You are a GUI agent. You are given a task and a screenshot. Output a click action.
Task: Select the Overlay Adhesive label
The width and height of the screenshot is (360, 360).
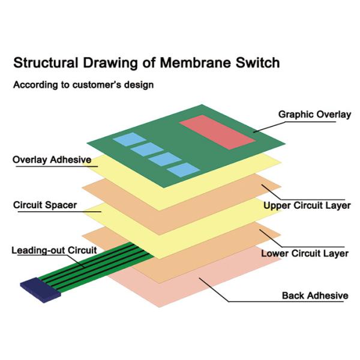pos(52,160)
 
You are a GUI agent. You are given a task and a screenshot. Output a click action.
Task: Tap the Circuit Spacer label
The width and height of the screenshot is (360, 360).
pos(45,205)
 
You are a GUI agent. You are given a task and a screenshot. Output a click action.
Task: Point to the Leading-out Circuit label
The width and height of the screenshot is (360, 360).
pos(54,250)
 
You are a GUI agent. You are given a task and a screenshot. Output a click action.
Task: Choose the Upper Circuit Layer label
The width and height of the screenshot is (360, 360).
pos(307,206)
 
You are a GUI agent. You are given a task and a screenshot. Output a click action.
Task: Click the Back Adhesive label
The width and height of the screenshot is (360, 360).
pos(315,296)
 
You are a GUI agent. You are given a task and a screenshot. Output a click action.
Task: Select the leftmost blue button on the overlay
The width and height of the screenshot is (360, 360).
pos(125,140)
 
